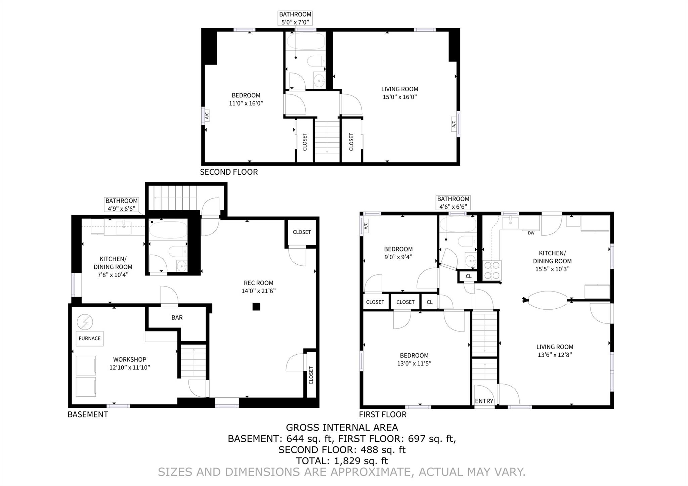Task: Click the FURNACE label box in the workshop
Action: click(x=89, y=338)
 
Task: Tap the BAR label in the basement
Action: click(x=177, y=317)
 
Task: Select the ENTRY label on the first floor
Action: click(x=484, y=401)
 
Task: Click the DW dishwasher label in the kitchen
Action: click(x=531, y=233)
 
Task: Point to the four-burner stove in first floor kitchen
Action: click(x=492, y=271)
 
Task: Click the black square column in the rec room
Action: click(x=256, y=306)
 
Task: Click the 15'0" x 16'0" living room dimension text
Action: click(x=399, y=97)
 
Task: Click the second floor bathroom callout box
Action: click(x=295, y=18)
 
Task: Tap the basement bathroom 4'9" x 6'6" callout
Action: click(x=121, y=205)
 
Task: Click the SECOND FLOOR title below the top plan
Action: click(x=229, y=172)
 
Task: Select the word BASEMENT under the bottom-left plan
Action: click(x=88, y=414)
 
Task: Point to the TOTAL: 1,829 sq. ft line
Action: click(x=342, y=460)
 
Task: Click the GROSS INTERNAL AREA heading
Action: click(x=342, y=428)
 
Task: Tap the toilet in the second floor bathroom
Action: click(x=315, y=61)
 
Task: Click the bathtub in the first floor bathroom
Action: click(x=458, y=224)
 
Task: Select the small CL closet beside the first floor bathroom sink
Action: click(x=468, y=276)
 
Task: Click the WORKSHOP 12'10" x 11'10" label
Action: click(x=129, y=363)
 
